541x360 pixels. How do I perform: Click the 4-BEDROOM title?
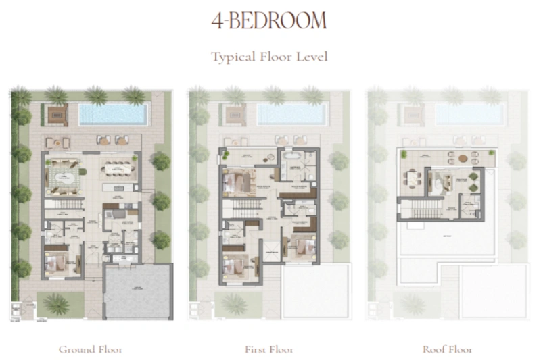pos(269,21)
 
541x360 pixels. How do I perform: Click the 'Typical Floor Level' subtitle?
pos(269,57)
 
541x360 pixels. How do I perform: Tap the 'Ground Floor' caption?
pos(91,349)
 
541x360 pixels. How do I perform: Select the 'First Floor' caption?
pos(268,349)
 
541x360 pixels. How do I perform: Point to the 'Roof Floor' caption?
pos(447,349)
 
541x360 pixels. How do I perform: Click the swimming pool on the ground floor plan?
pos(113,114)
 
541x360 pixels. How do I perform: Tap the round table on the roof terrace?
pos(463,159)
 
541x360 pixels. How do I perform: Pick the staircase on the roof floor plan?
pos(419,207)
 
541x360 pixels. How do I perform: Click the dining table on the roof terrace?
pos(413,179)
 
